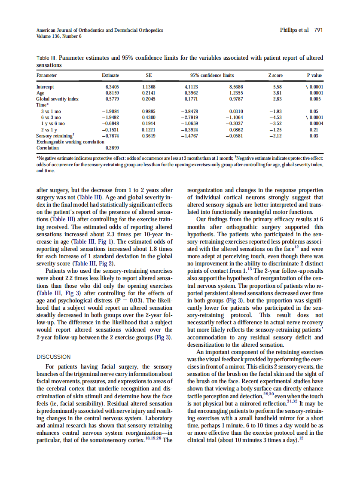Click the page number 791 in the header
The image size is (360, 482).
tap(318, 30)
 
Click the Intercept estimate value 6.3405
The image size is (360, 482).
tap(112, 87)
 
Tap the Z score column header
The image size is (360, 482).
tap(275, 75)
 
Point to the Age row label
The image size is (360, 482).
tap(40, 93)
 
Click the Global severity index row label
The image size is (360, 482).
tap(58, 99)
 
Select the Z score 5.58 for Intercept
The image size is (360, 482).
tap(277, 87)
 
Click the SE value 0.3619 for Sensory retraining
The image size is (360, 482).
tap(149, 136)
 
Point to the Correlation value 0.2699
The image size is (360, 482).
tap(112, 148)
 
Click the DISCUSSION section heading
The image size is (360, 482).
tap(53, 357)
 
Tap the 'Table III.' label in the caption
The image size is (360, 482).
tap(47, 58)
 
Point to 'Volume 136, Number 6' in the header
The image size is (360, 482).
tap(59, 36)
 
